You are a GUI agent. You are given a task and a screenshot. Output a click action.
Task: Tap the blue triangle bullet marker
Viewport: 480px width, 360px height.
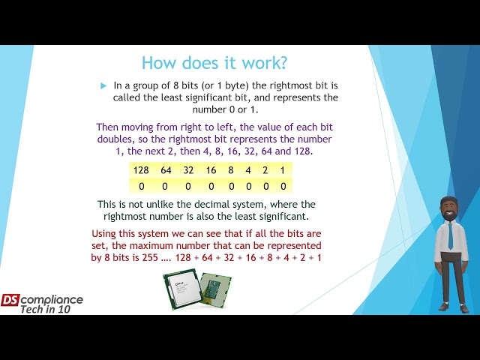pos(103,86)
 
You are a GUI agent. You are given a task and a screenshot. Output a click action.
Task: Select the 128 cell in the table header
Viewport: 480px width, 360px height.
pos(141,170)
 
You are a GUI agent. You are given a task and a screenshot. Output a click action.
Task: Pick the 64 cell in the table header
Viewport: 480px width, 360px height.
pos(166,170)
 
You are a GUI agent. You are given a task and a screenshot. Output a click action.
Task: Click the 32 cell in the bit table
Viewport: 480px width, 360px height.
pos(189,170)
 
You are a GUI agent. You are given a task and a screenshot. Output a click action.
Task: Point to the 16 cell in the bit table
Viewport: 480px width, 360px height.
pos(211,170)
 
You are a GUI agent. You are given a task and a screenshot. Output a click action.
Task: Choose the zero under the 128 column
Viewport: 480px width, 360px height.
pos(141,185)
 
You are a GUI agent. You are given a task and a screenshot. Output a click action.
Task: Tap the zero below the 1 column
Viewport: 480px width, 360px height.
pos(283,185)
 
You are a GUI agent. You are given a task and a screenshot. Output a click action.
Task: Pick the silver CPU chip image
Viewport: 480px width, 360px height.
pos(181,289)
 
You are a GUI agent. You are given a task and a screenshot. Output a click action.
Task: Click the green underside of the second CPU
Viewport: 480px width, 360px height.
pos(215,288)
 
